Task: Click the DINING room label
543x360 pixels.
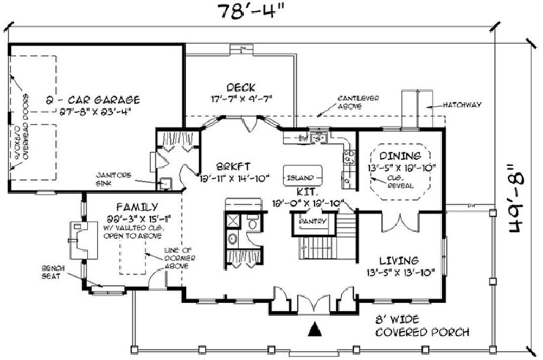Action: click(400, 156)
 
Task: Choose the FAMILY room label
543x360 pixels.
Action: click(137, 207)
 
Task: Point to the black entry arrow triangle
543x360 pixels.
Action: click(314, 329)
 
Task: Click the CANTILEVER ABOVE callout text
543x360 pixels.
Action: click(358, 102)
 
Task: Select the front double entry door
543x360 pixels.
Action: click(314, 305)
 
